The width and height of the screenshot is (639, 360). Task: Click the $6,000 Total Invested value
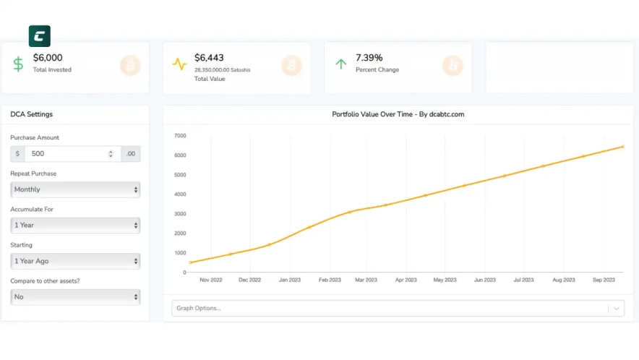(48, 58)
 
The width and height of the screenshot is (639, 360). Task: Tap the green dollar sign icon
(18, 64)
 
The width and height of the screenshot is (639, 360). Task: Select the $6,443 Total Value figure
(209, 58)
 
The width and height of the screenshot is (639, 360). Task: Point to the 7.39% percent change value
(369, 58)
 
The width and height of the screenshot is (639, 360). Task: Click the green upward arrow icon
(340, 64)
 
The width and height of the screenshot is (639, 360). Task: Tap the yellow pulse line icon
(179, 64)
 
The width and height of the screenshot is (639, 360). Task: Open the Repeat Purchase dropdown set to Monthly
(75, 189)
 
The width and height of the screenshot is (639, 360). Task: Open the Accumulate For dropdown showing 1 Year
(75, 225)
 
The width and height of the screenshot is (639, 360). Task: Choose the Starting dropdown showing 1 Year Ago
(75, 261)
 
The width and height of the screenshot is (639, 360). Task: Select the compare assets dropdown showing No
(75, 296)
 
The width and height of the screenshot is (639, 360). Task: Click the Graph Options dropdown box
(390, 308)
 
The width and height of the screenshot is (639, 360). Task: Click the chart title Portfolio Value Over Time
(398, 114)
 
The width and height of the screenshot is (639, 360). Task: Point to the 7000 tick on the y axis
(180, 136)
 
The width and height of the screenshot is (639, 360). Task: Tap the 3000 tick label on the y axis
(180, 214)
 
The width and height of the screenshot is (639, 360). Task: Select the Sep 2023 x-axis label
(604, 280)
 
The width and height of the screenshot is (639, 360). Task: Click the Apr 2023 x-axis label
(406, 280)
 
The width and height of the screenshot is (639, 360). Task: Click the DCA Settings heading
(31, 114)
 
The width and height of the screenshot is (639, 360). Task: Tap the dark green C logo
(39, 36)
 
